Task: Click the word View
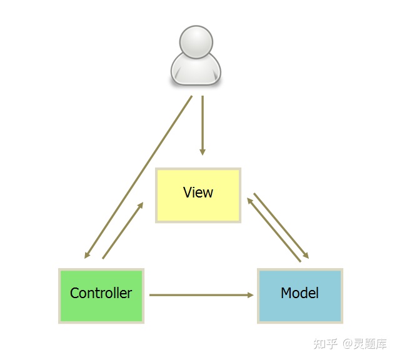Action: tap(198, 192)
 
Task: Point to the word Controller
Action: tap(101, 293)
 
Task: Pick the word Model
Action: tap(299, 293)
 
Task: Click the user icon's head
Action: tap(196, 41)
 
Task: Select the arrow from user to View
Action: tap(202, 125)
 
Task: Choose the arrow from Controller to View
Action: tap(123, 230)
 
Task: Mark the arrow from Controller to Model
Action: tap(200, 295)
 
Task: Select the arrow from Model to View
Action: tap(274, 230)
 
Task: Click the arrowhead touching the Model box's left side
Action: tap(251, 295)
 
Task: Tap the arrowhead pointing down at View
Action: tap(202, 151)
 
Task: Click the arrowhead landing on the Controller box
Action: tap(87, 255)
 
